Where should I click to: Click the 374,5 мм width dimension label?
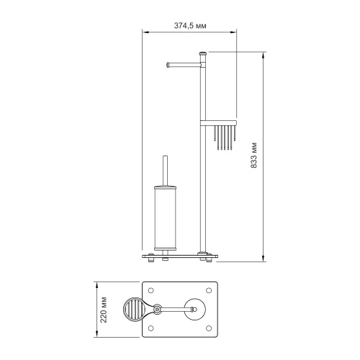[190, 26]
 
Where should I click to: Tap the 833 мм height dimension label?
[253, 156]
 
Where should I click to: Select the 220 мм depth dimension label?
[104, 310]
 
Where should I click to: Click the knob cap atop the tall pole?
[202, 53]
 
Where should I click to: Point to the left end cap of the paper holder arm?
[168, 65]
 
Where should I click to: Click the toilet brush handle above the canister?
[165, 171]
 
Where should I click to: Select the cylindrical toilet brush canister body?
[165, 217]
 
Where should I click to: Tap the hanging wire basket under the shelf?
[225, 138]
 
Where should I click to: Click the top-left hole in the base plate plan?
[150, 291]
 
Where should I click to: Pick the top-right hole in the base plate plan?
[209, 291]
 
